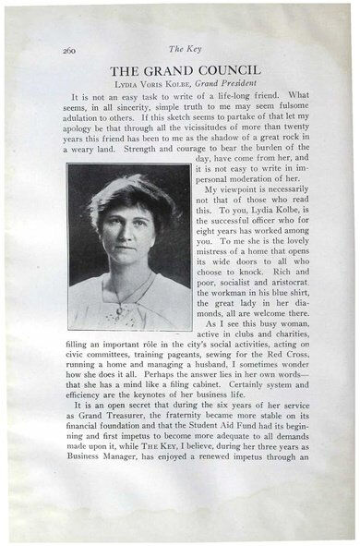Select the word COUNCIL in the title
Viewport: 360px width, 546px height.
pyautogui.click(x=227, y=70)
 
